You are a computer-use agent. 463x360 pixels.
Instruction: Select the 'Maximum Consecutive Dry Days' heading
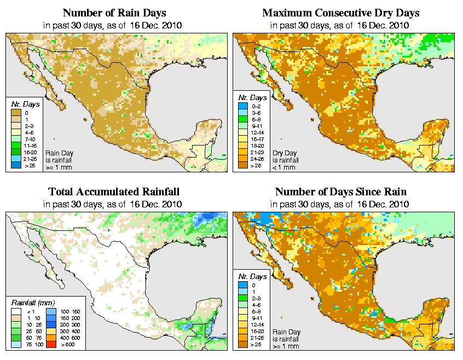tap(340, 13)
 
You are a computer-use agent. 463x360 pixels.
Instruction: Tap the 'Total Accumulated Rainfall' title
tap(113, 192)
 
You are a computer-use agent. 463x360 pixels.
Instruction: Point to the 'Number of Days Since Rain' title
tap(340, 192)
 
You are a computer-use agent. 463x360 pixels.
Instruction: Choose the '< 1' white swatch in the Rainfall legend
tap(16, 310)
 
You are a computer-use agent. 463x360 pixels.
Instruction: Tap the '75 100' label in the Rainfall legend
tap(33, 345)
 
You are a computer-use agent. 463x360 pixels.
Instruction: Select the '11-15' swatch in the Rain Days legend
tap(16, 145)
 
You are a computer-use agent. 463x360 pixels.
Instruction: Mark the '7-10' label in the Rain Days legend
tap(30, 138)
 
